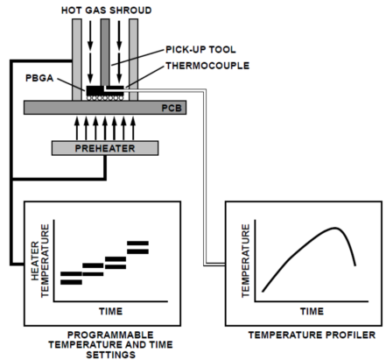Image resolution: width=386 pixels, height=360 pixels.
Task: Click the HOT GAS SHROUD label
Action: [x=107, y=11]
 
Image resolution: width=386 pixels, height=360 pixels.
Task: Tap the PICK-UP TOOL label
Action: [x=200, y=50]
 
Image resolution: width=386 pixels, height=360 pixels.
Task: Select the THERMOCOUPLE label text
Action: [x=207, y=66]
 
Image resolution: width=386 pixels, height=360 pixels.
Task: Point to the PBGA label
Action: [x=39, y=78]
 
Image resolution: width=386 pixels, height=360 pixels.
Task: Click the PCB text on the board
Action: [x=172, y=108]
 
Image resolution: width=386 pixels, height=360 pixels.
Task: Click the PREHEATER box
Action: [x=105, y=148]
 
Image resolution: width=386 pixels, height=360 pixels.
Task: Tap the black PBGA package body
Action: [x=95, y=90]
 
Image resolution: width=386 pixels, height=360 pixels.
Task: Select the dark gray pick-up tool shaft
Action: [x=105, y=53]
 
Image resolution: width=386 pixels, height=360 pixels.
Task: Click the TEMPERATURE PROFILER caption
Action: [x=312, y=335]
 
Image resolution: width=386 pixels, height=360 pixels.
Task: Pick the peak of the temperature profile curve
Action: [x=335, y=228]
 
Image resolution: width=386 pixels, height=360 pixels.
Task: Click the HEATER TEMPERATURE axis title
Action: [x=40, y=261]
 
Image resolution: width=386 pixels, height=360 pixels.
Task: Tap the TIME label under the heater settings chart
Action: [x=111, y=311]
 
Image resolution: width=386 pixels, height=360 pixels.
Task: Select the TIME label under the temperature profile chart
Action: [x=312, y=311]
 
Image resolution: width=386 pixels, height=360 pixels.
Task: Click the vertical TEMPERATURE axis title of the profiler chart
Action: [x=246, y=261]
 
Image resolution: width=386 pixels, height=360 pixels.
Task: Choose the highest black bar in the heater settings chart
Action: [x=137, y=243]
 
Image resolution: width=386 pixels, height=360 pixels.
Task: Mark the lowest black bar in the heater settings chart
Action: [x=71, y=282]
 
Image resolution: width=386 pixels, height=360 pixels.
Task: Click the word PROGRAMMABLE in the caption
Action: [x=110, y=335]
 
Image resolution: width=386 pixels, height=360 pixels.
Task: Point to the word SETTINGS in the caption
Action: [x=111, y=355]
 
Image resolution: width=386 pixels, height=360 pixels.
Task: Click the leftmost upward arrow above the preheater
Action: [x=77, y=129]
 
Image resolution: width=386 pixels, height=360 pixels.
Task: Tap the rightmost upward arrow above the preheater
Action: [x=133, y=129]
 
